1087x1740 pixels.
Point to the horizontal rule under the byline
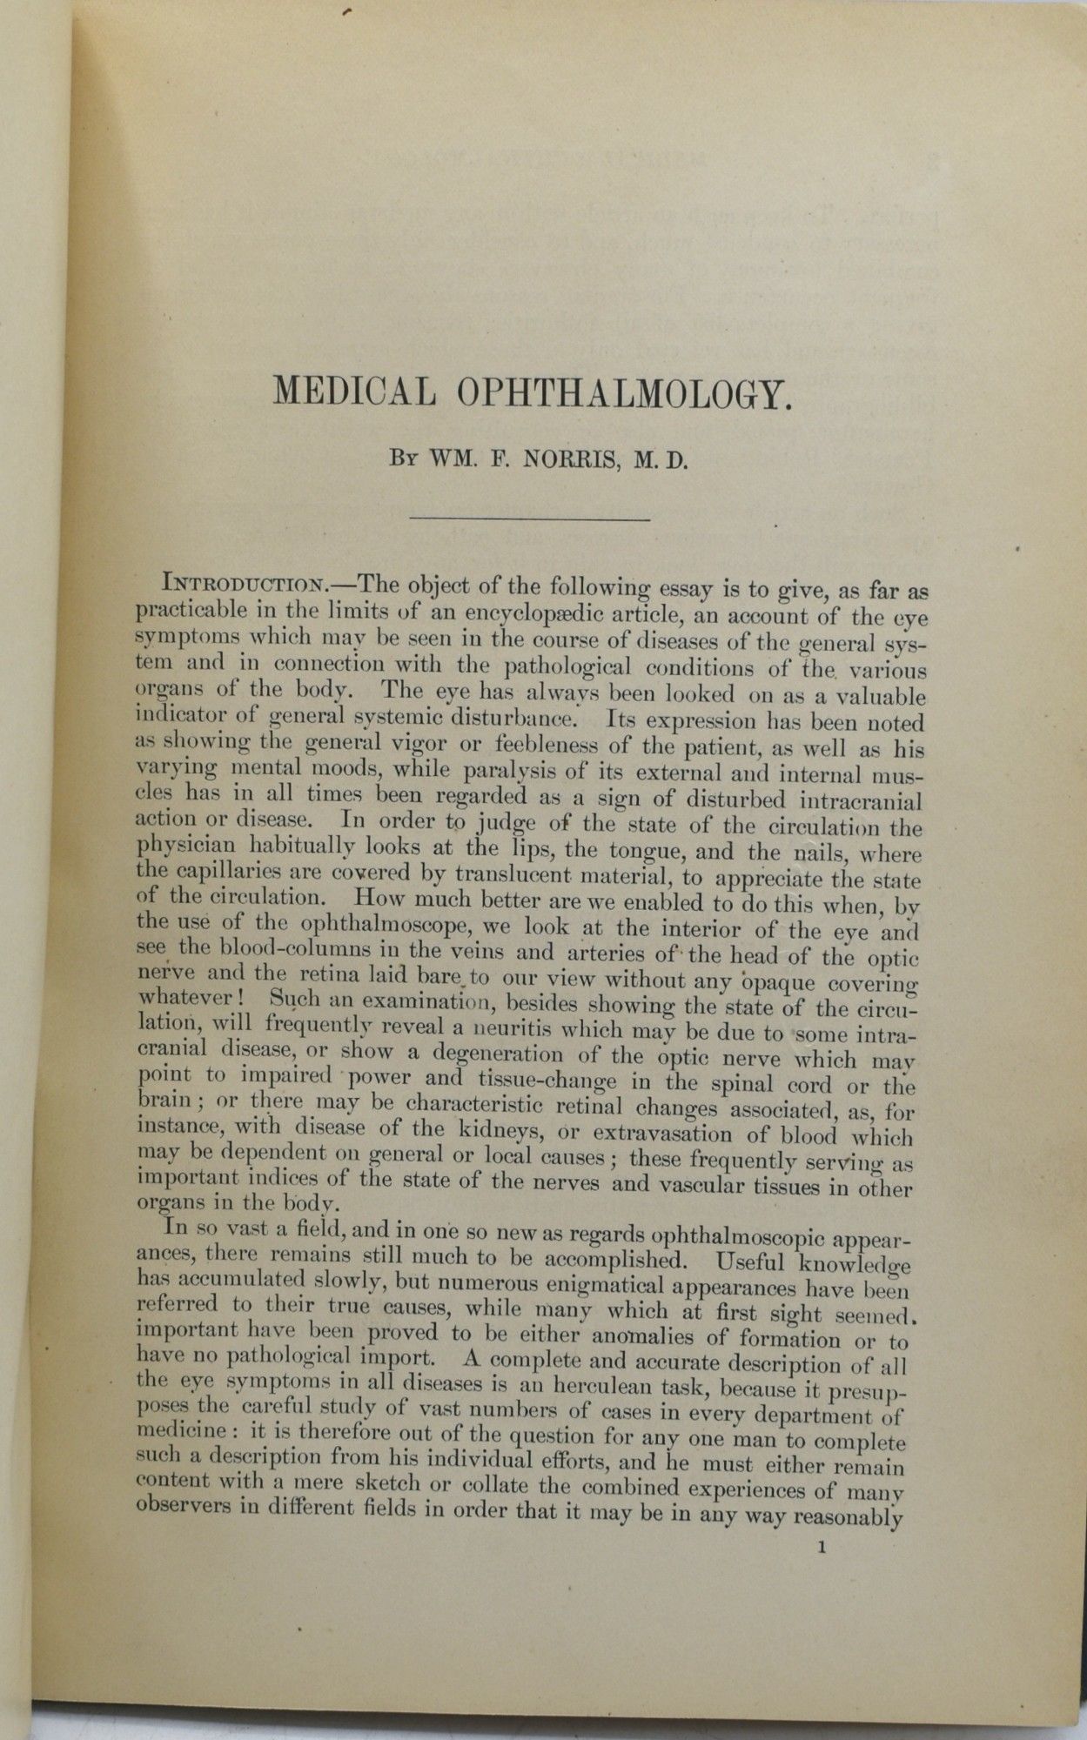pyautogui.click(x=529, y=519)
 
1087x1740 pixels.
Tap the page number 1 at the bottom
pyautogui.click(x=822, y=1548)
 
